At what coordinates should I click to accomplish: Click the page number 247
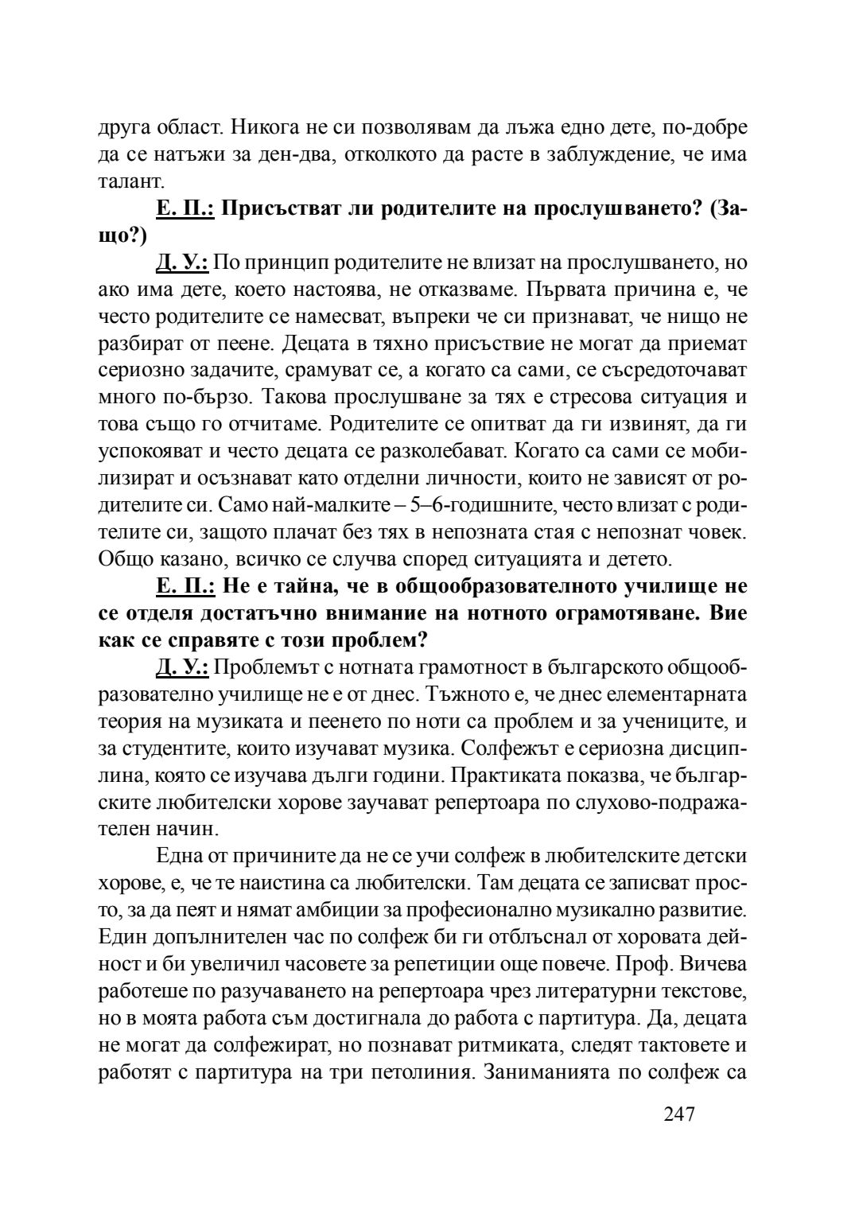click(679, 1114)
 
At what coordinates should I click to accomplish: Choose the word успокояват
click(150, 452)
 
